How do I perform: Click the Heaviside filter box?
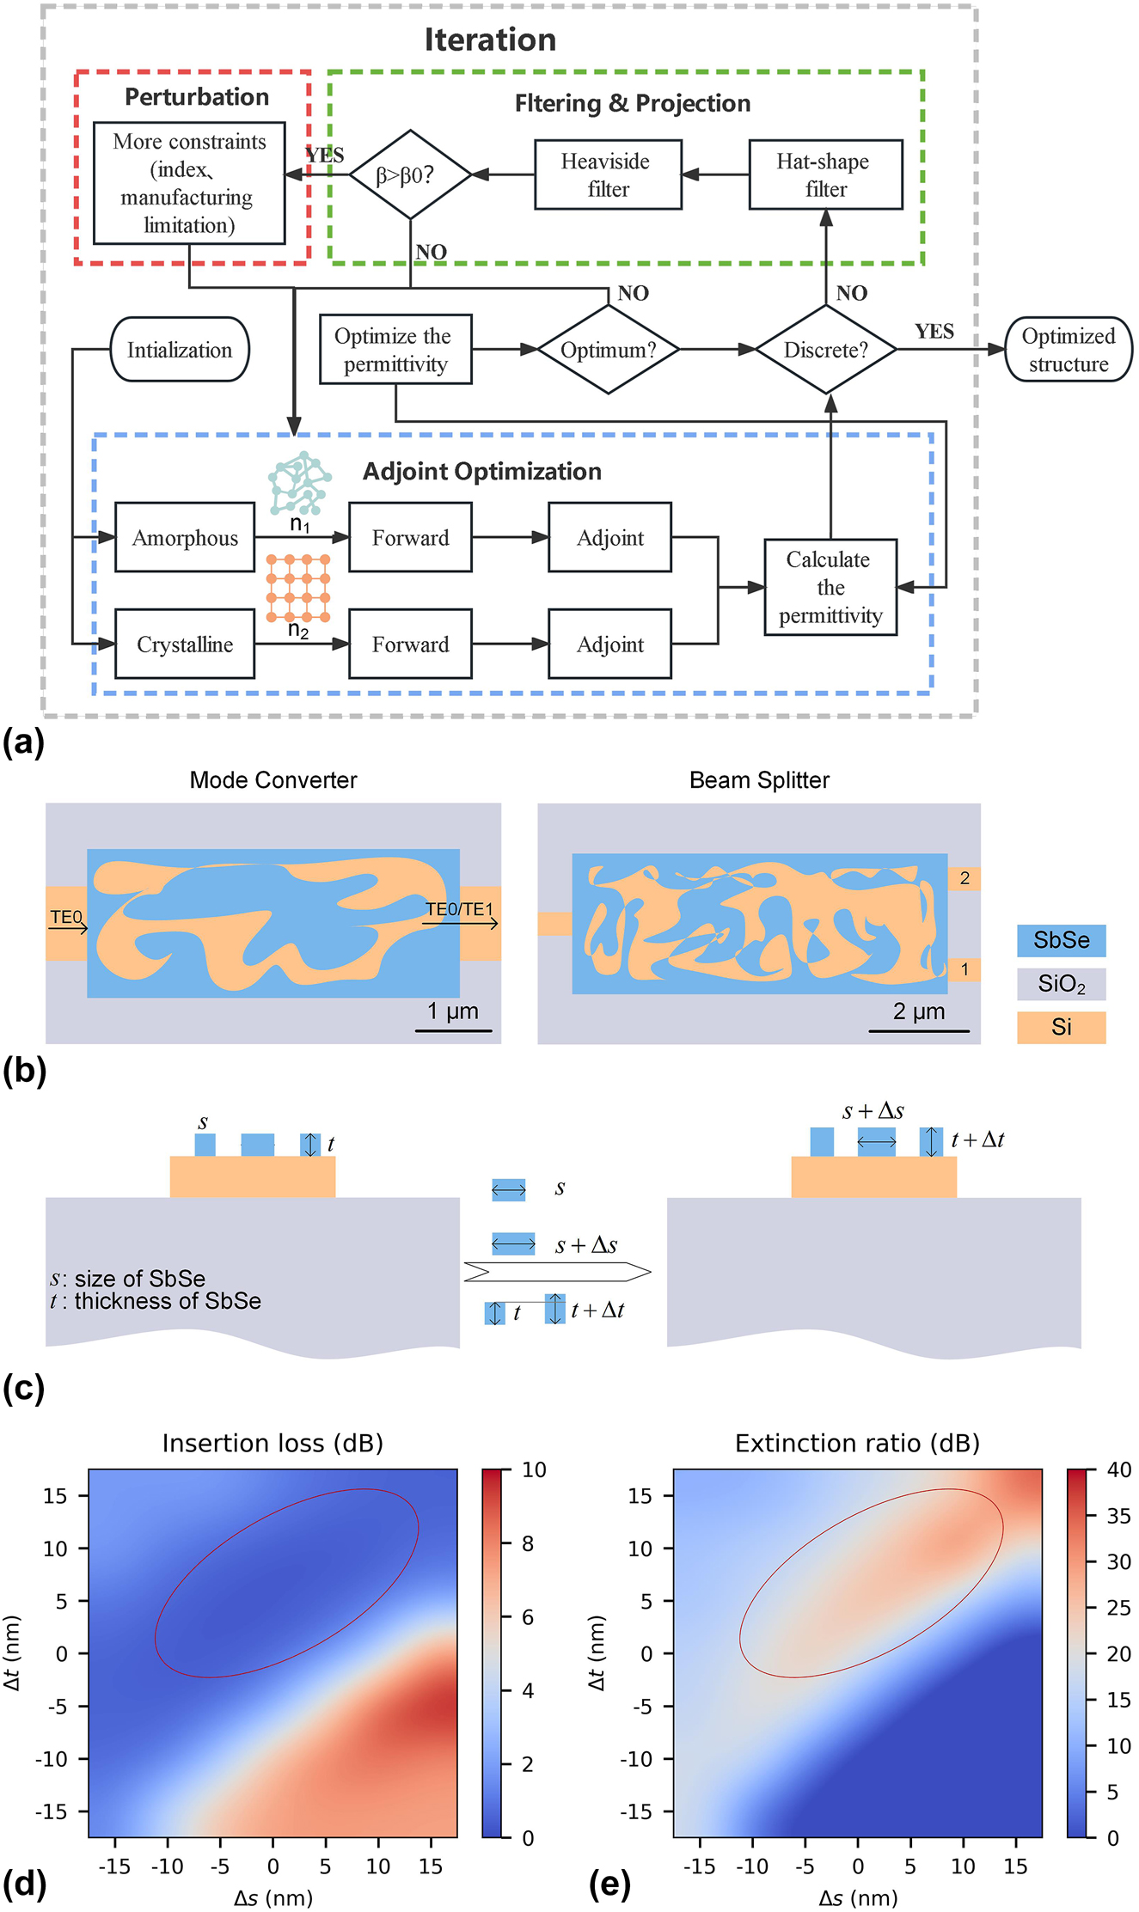[608, 175]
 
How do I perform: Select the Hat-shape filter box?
[825, 175]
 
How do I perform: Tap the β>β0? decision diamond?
[410, 175]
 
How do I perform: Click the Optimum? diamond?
[608, 350]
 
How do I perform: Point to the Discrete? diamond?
[825, 350]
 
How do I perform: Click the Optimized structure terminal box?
[1068, 350]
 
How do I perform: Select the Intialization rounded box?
[180, 350]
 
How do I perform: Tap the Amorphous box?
[185, 538]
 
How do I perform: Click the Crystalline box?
[185, 644]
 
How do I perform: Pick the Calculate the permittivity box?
[830, 588]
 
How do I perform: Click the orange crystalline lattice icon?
[298, 588]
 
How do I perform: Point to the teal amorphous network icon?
[299, 483]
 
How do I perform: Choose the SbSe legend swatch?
[1061, 940]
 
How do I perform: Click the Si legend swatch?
[1061, 1027]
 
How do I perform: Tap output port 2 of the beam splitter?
[964, 878]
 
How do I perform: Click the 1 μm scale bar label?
[453, 1011]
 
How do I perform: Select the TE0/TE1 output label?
[459, 909]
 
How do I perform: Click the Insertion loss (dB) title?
[273, 1443]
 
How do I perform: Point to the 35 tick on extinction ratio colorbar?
[1118, 1516]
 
